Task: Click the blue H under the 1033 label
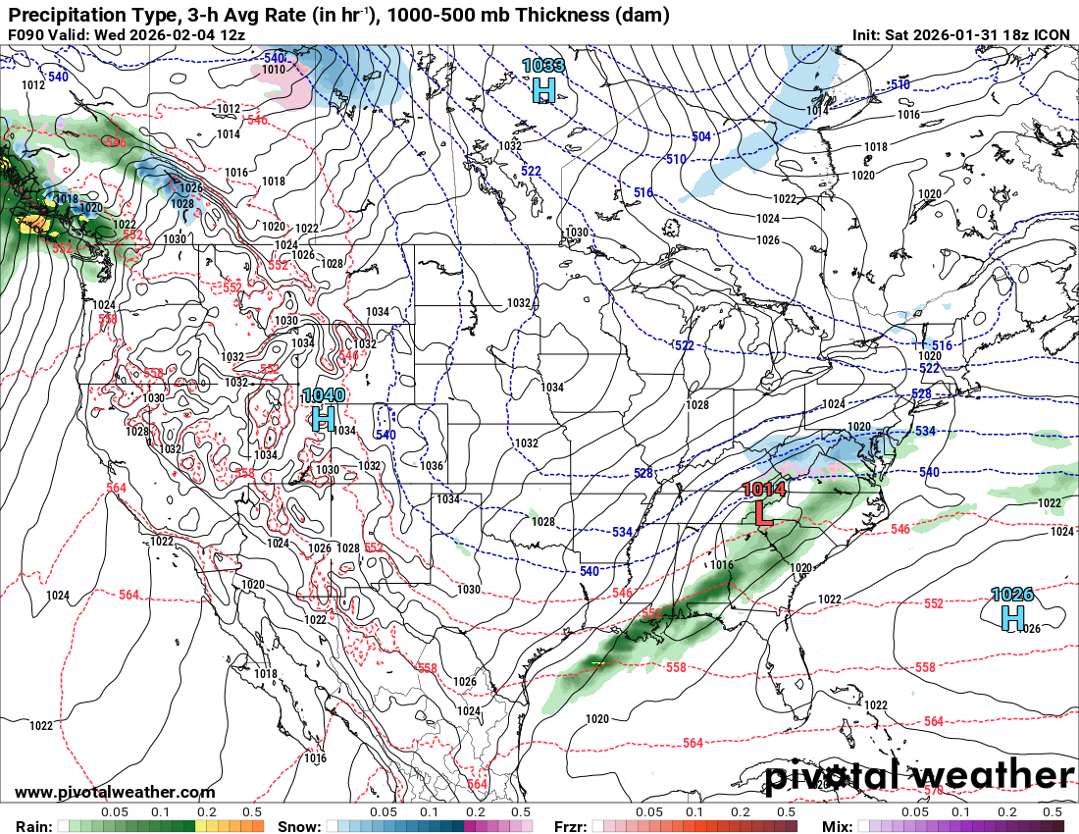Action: pyautogui.click(x=543, y=90)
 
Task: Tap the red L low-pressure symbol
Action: pyautogui.click(x=763, y=512)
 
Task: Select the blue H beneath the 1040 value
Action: pyautogui.click(x=324, y=419)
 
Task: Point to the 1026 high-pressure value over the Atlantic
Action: pyautogui.click(x=1011, y=595)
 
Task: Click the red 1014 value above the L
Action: pyautogui.click(x=764, y=489)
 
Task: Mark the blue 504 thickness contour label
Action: pyautogui.click(x=700, y=136)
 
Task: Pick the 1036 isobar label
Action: pyautogui.click(x=432, y=466)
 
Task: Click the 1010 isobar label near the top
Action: pyautogui.click(x=274, y=69)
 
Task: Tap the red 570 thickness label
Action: pyautogui.click(x=934, y=789)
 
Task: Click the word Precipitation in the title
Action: pyautogui.click(x=61, y=15)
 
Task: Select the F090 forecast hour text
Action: pyautogui.click(x=27, y=34)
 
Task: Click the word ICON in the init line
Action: pyautogui.click(x=1052, y=34)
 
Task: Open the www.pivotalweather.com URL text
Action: pyautogui.click(x=115, y=792)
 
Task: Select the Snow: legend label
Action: pyautogui.click(x=299, y=826)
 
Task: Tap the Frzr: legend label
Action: pyautogui.click(x=573, y=826)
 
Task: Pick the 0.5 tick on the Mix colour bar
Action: pyautogui.click(x=1053, y=812)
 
